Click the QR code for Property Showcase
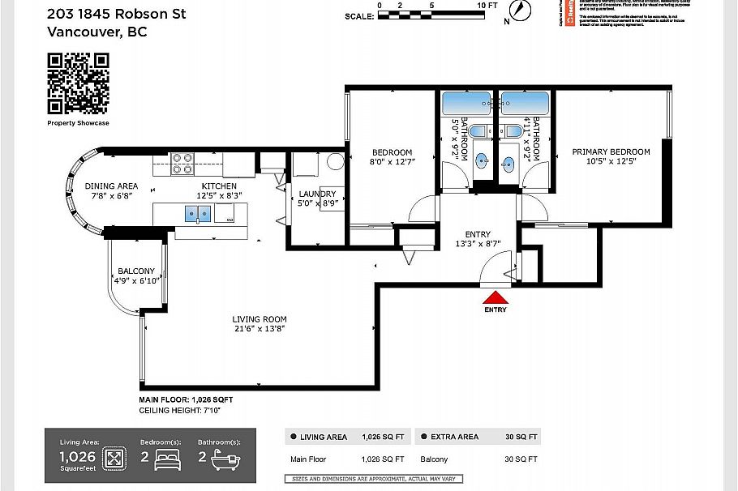click(78, 83)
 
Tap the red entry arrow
click(495, 297)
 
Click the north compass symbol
click(520, 11)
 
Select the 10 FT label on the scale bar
click(487, 5)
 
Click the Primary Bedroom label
click(611, 152)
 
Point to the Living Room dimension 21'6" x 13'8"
click(259, 328)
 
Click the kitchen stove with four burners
click(181, 164)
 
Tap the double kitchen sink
click(198, 214)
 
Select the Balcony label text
click(136, 271)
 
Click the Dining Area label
click(111, 186)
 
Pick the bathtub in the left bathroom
click(466, 104)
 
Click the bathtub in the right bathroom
click(524, 104)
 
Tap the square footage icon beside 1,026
click(114, 459)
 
